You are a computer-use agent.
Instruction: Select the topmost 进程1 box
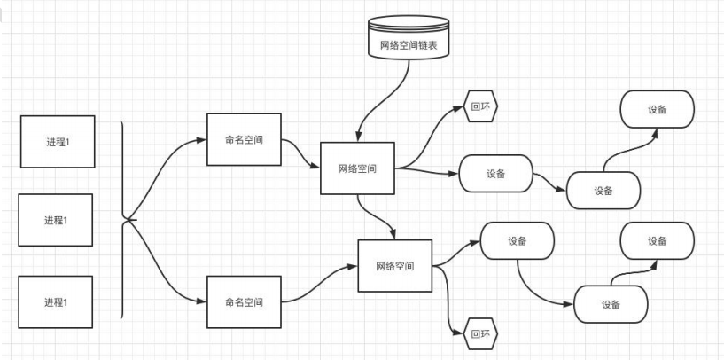coord(57,141)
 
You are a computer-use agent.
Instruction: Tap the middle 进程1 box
coord(55,219)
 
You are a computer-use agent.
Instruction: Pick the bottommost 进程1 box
coord(55,302)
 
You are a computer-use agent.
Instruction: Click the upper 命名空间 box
coord(244,139)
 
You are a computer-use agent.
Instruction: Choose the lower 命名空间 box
coord(244,301)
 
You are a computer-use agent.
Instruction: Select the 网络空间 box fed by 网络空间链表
coord(357,168)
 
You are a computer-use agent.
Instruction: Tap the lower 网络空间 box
coord(394,266)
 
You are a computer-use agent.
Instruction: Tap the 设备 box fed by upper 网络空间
coord(495,174)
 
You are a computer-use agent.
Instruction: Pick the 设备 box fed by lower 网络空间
coord(518,240)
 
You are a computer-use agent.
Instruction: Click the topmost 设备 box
coord(657,109)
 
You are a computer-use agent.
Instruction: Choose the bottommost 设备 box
coord(611,304)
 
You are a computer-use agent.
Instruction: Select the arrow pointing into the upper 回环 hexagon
coord(434,133)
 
